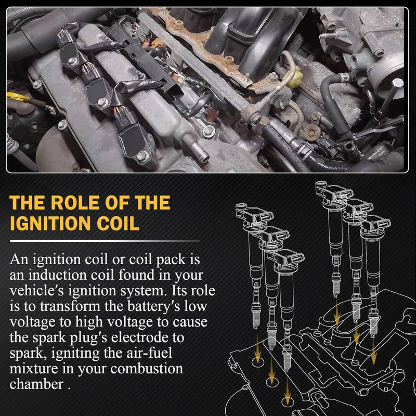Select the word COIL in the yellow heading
[118, 224]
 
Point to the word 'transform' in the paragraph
[70, 306]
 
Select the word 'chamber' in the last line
[36, 385]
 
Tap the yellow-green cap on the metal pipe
[296, 76]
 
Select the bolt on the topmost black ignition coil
[72, 61]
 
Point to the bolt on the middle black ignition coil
[102, 101]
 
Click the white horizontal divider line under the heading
[105, 241]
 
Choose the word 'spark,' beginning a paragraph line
[28, 354]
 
